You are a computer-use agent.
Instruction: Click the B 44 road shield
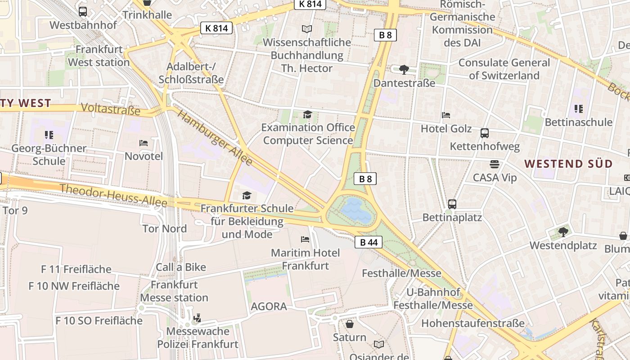[369, 243]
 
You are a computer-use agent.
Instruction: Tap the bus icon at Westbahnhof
[83, 12]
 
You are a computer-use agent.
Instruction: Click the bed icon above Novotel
[144, 143]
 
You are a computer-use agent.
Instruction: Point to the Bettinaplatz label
[452, 218]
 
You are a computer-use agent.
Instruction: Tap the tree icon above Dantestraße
[404, 69]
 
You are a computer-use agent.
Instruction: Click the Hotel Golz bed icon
[446, 115]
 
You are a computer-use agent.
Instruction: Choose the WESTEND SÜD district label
[569, 164]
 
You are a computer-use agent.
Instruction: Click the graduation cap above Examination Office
[307, 114]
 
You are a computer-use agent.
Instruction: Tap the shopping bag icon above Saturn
[350, 324]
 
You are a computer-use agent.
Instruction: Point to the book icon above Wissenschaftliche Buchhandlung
[307, 29]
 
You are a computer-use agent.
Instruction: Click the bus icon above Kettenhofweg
[485, 133]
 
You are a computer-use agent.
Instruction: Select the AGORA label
[269, 307]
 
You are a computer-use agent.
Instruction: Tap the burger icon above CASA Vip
[495, 164]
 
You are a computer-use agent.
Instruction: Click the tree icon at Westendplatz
[563, 232]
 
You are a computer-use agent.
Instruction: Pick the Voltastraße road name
[111, 109]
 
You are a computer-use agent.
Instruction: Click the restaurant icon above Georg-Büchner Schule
[49, 135]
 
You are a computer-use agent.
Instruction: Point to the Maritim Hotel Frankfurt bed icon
[305, 239]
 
